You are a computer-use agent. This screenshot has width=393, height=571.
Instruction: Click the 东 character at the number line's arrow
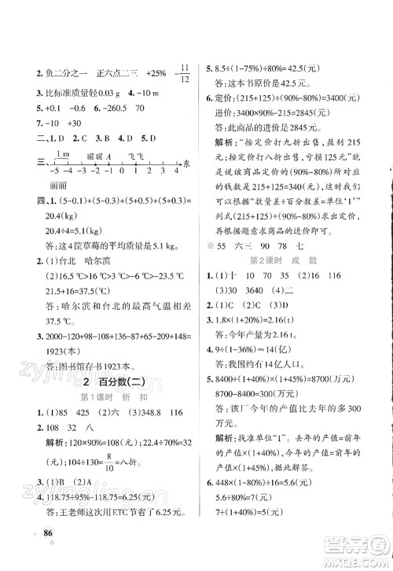click(186, 163)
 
